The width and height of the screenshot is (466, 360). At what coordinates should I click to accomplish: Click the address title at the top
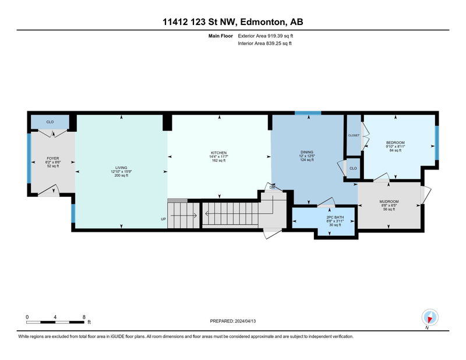pos(232,22)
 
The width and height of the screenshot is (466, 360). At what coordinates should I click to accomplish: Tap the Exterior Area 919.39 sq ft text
pos(266,36)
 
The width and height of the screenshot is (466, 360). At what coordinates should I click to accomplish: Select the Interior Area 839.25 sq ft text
pos(264,44)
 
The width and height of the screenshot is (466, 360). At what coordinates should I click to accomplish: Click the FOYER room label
pos(53,158)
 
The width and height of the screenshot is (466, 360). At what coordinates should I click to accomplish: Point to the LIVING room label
pos(121,168)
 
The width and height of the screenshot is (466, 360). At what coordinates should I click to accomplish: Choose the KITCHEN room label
pos(219,153)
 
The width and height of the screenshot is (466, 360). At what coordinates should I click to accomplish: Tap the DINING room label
pos(307,152)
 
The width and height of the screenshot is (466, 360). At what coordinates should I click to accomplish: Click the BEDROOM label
pos(396,143)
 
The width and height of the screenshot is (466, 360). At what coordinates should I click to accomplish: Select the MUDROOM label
pos(389,202)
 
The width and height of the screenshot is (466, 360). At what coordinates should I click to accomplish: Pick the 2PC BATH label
pos(335,217)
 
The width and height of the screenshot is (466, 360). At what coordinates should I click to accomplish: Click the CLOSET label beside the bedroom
pos(354,135)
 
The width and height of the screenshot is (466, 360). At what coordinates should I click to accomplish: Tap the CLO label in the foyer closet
pos(50,122)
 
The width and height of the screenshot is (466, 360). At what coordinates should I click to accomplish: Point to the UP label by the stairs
pos(163,219)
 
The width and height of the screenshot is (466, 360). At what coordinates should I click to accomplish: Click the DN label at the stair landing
pos(272,188)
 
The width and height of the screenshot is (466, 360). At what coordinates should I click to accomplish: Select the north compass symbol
pos(430,317)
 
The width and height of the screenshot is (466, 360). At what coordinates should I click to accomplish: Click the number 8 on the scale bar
pos(84,317)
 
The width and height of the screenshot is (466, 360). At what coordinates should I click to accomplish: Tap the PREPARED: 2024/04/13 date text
pos(232,321)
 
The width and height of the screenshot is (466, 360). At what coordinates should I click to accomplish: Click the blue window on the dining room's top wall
pos(308,113)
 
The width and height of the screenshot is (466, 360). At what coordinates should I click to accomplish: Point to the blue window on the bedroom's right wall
pos(437,143)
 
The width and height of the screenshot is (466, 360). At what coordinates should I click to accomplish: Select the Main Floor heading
pos(221,36)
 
